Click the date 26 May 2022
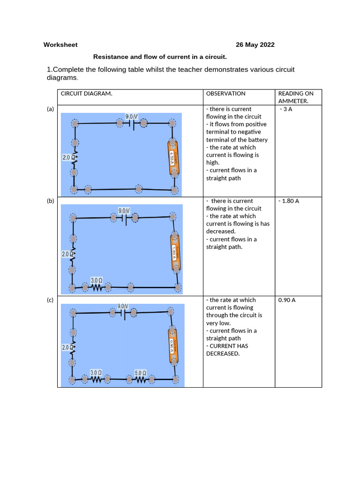point(255,45)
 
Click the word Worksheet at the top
point(60,45)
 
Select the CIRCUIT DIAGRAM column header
point(86,94)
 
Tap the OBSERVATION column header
point(225,94)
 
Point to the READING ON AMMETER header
point(296,97)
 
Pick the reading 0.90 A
point(287,300)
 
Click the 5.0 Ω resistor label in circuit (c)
point(141,373)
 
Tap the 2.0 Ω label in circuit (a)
point(68,158)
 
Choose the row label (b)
point(51,201)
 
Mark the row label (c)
point(51,300)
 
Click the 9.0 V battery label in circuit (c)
point(123,306)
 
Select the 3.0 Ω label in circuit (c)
point(97,373)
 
